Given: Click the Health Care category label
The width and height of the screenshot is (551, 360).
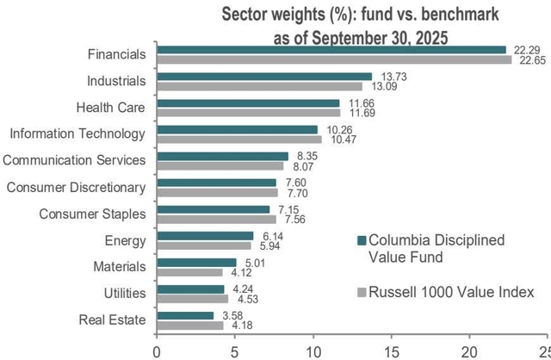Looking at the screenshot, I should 109,108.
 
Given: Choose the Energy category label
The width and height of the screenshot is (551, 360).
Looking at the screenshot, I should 126,241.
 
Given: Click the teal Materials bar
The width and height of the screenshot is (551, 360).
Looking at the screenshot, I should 196,263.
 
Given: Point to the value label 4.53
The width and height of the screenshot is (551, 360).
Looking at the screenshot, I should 243,300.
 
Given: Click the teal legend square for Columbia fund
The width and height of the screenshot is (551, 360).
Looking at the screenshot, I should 362,240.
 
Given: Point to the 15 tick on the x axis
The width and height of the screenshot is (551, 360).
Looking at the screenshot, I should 392,351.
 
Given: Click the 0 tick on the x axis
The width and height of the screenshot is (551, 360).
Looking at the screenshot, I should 157,351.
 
